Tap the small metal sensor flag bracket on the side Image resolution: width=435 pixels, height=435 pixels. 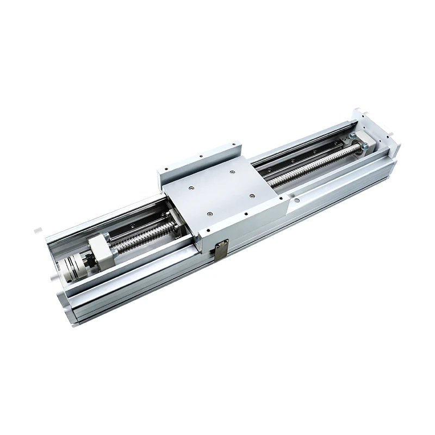click(x=220, y=251)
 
